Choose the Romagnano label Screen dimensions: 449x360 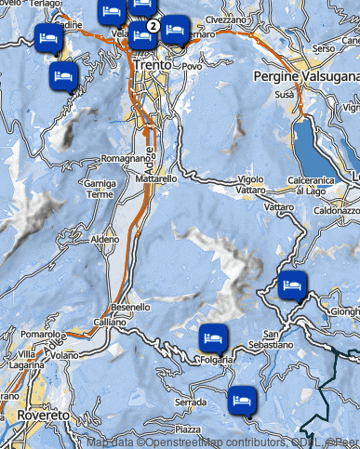tap(125, 159)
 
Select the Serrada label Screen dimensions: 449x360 tap(190, 402)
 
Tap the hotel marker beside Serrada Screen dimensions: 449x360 tap(242, 401)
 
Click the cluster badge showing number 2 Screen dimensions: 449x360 tap(153, 25)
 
